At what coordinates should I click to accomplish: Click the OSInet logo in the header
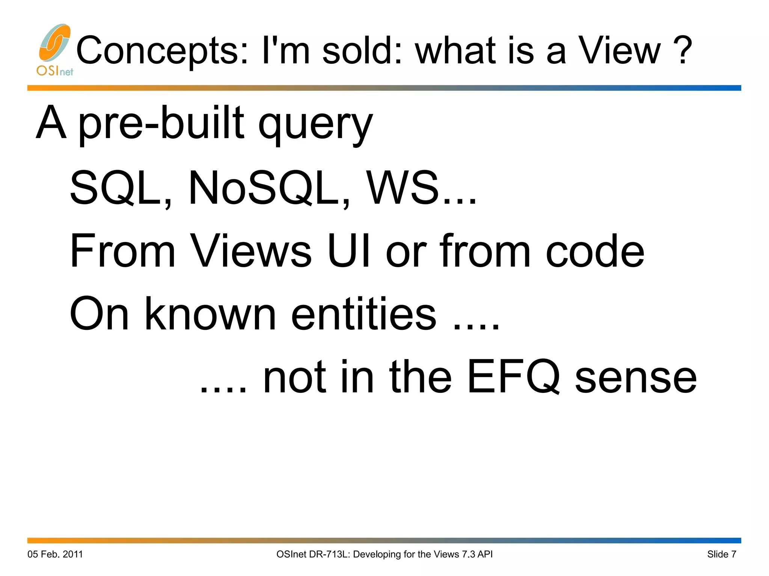(55, 50)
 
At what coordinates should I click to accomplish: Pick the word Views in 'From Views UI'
(251, 251)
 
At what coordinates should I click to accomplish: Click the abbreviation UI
(349, 251)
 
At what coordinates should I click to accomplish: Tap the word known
(210, 313)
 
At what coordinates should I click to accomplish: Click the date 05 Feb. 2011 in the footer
(55, 554)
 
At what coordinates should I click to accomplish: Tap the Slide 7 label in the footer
(722, 554)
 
